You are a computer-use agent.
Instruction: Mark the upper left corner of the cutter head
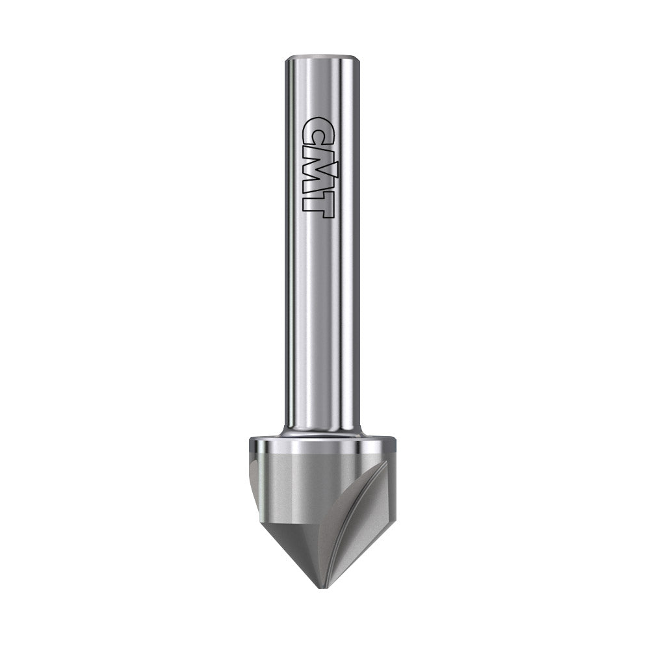tap(251, 441)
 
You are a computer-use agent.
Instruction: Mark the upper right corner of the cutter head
tap(394, 441)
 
